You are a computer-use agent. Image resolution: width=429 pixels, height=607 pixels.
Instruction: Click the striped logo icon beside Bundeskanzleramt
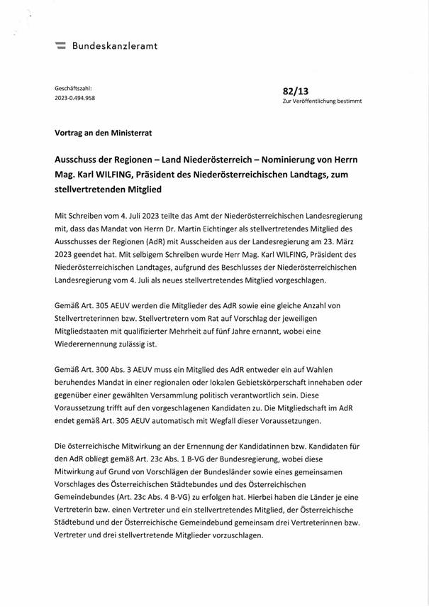pos(60,46)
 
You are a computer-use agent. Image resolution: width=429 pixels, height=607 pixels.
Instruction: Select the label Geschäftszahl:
pos(74,87)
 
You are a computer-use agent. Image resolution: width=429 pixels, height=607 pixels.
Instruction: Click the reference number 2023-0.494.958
pos(75,99)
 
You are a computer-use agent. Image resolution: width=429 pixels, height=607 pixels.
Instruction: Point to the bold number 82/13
pos(295,91)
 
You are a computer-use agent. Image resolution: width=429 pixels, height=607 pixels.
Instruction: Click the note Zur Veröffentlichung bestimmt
pos(322,102)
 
